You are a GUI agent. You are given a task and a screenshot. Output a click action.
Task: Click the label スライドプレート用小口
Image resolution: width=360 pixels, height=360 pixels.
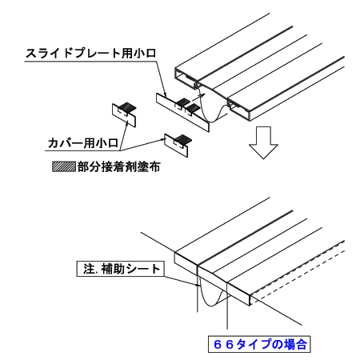[x=90, y=53]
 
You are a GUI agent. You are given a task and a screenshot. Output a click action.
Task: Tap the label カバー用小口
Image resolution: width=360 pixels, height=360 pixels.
[x=83, y=143]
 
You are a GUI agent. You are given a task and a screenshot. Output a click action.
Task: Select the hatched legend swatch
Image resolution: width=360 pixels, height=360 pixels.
[x=64, y=166]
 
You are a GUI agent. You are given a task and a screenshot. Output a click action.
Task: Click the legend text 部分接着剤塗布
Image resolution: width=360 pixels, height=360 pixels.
[x=119, y=167]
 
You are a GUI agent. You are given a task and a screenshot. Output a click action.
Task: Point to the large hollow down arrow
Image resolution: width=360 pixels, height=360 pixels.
[x=263, y=142]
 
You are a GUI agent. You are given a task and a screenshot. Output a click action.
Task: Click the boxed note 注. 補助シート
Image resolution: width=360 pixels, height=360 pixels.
[x=121, y=269]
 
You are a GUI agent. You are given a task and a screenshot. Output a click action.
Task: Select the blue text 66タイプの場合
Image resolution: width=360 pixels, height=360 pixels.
[x=259, y=344]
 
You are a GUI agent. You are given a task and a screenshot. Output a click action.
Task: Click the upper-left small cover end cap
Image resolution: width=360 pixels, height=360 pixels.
[x=124, y=114]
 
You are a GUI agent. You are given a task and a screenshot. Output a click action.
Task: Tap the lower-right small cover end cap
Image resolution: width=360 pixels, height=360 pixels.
[x=177, y=145]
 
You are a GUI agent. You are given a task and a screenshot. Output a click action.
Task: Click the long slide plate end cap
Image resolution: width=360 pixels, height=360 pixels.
[x=182, y=112]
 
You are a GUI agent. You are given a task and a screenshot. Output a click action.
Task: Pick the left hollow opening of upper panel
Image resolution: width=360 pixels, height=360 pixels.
[x=186, y=78]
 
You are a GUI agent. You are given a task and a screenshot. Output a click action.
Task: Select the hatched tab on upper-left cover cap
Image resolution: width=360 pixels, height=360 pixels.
[x=127, y=107]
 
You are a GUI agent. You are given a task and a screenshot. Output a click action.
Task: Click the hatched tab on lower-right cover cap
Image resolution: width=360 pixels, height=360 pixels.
[x=183, y=138]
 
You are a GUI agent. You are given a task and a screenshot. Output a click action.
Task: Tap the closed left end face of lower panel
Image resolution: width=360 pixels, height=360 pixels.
[x=186, y=263]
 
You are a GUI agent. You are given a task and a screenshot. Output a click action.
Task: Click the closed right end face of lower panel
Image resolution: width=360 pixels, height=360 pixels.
[x=238, y=294]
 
